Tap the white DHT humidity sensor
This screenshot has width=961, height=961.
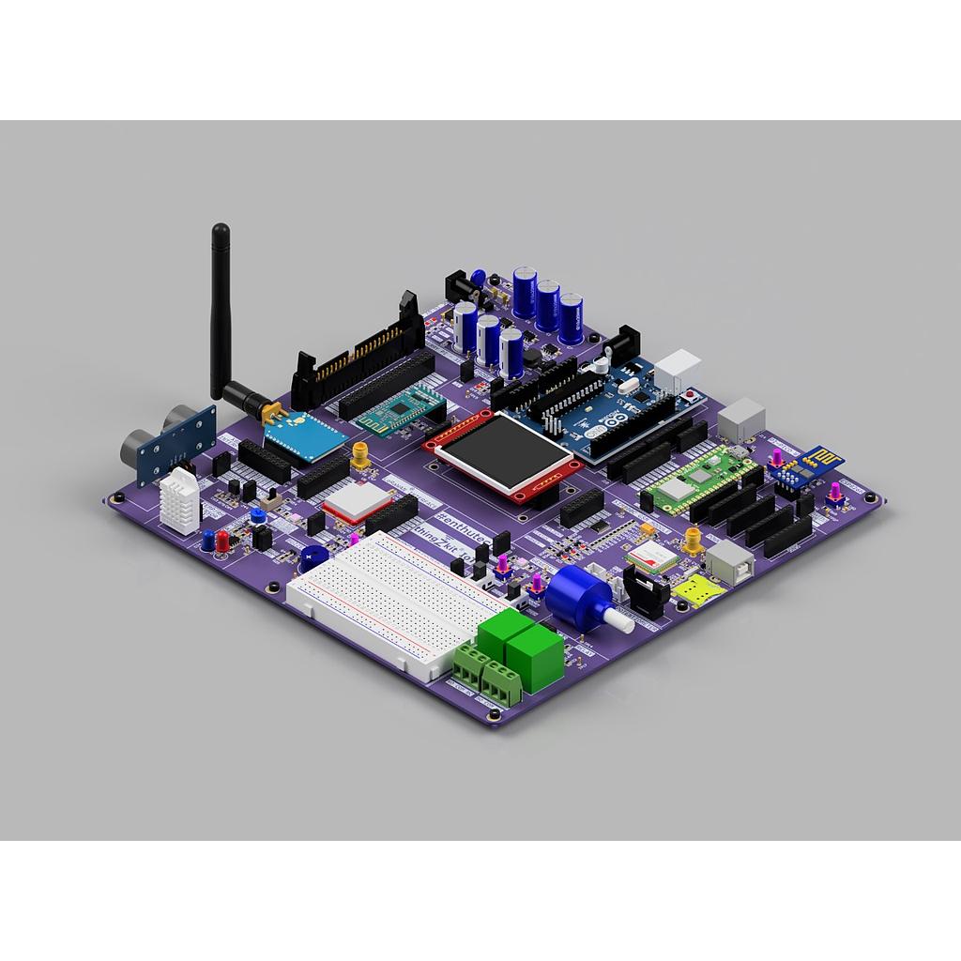tap(180, 498)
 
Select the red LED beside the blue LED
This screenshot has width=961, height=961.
tap(222, 541)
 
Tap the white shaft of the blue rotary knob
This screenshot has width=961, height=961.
tap(618, 620)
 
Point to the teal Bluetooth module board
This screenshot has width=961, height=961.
tap(399, 407)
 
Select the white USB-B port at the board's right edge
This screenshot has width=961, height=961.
tap(728, 560)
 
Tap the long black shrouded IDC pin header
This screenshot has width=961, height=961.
tap(361, 351)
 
